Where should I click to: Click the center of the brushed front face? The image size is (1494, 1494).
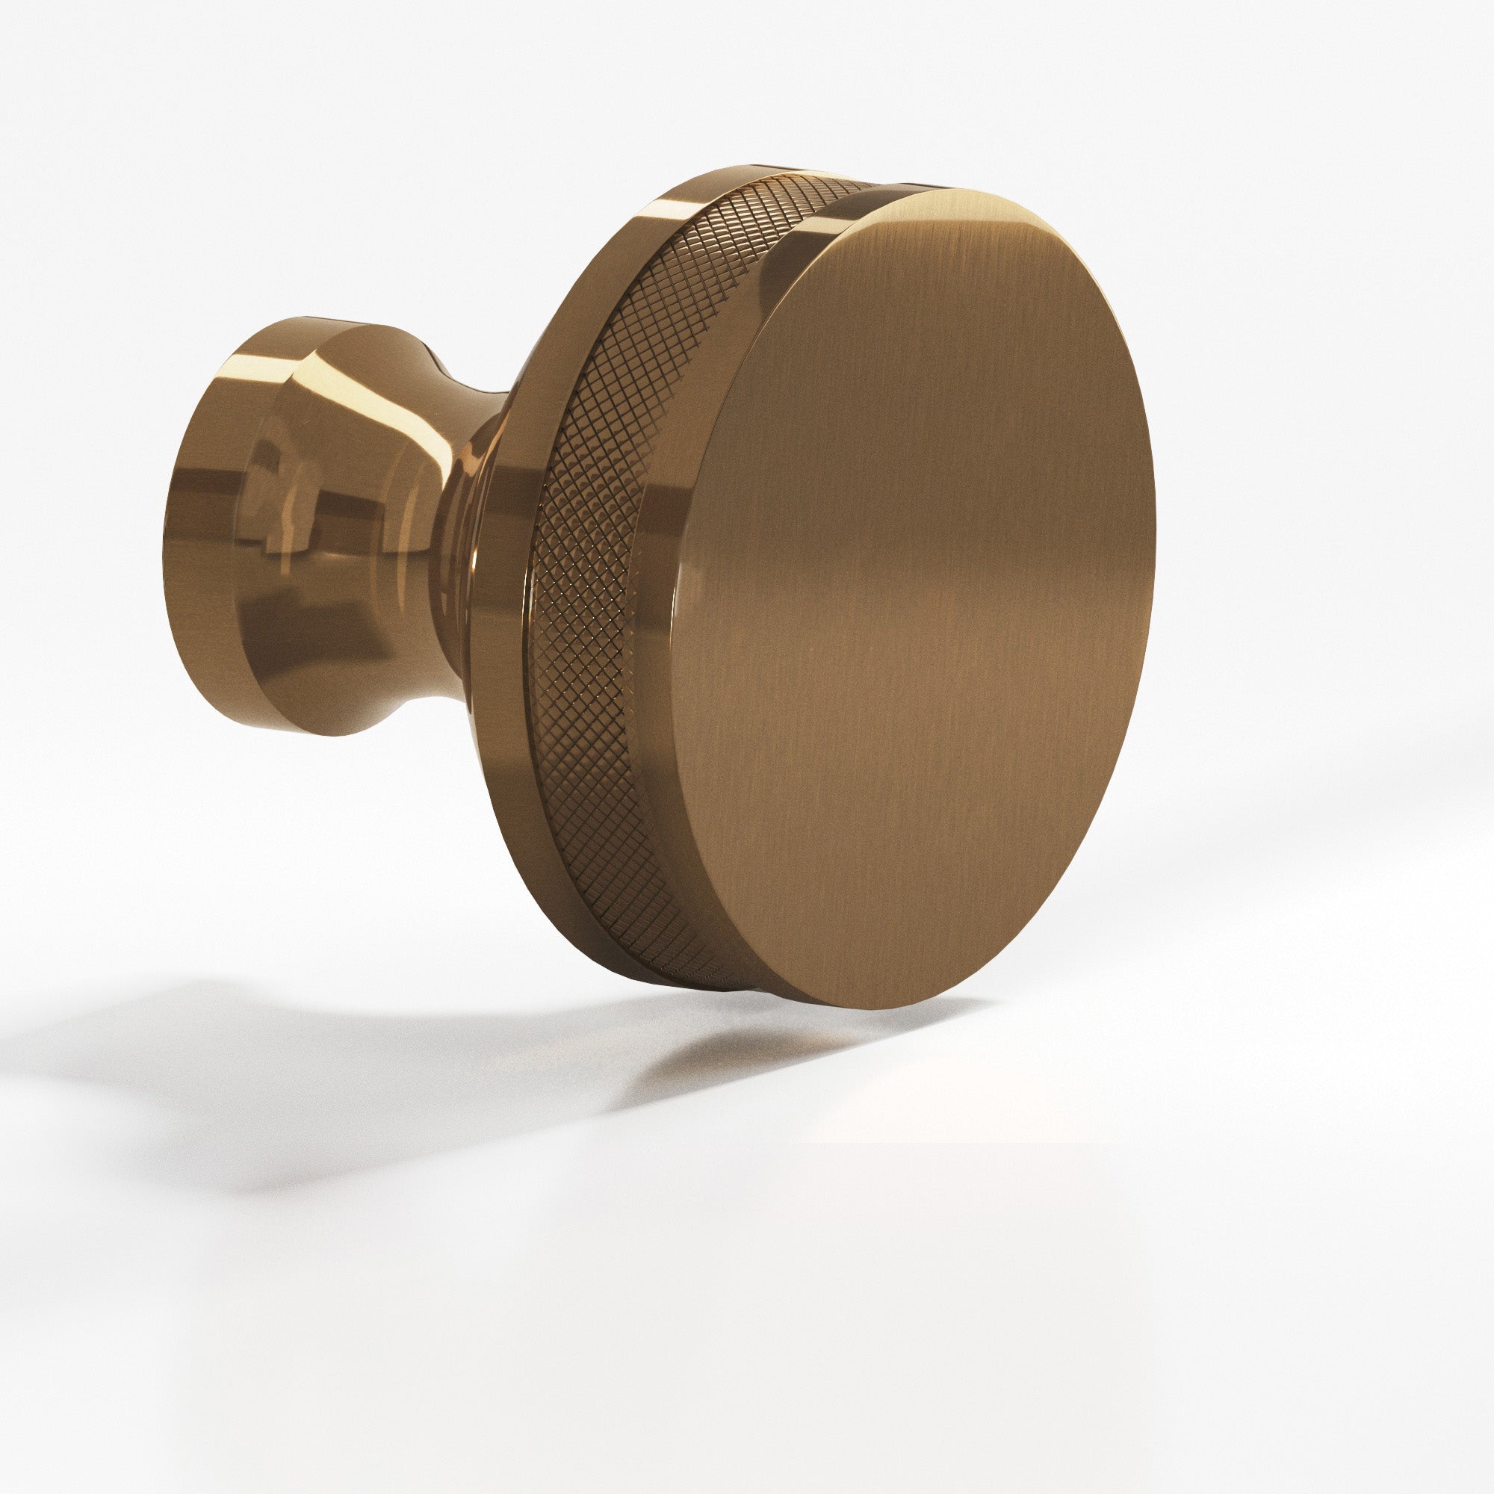913,595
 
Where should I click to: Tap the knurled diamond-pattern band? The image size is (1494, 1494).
595,542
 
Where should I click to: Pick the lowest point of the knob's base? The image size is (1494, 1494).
325,733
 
